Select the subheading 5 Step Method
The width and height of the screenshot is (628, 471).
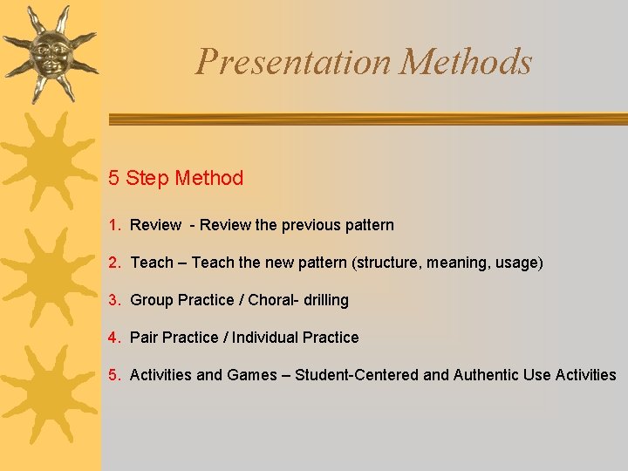click(175, 179)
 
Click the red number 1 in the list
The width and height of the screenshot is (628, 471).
click(113, 225)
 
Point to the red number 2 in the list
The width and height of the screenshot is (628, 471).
click(113, 263)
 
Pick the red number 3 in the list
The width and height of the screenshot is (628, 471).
click(113, 300)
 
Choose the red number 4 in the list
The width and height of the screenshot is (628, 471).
click(113, 338)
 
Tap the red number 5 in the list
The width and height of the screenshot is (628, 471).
click(113, 375)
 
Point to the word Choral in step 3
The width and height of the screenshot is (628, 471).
click(270, 300)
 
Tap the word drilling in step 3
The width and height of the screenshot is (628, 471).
click(325, 300)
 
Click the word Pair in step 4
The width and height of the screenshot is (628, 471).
click(144, 338)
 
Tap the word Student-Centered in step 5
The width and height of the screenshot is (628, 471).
click(357, 375)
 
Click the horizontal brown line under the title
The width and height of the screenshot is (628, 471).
click(366, 119)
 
